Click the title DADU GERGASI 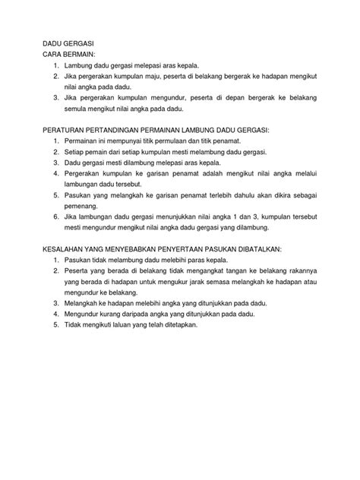(x=68, y=45)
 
